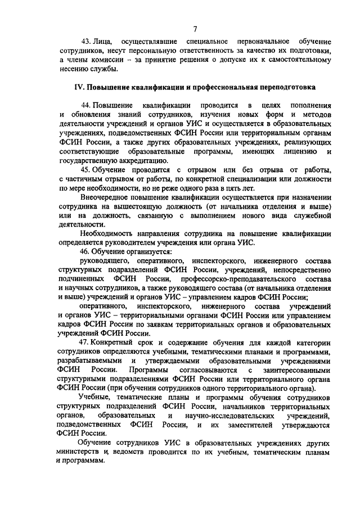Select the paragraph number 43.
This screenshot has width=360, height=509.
87,42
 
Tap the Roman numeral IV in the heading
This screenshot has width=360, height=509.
79,88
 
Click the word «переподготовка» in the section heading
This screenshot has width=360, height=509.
287,88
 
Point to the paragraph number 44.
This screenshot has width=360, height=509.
87,106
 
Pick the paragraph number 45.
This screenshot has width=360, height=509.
87,170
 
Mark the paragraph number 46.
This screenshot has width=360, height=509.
87,251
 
